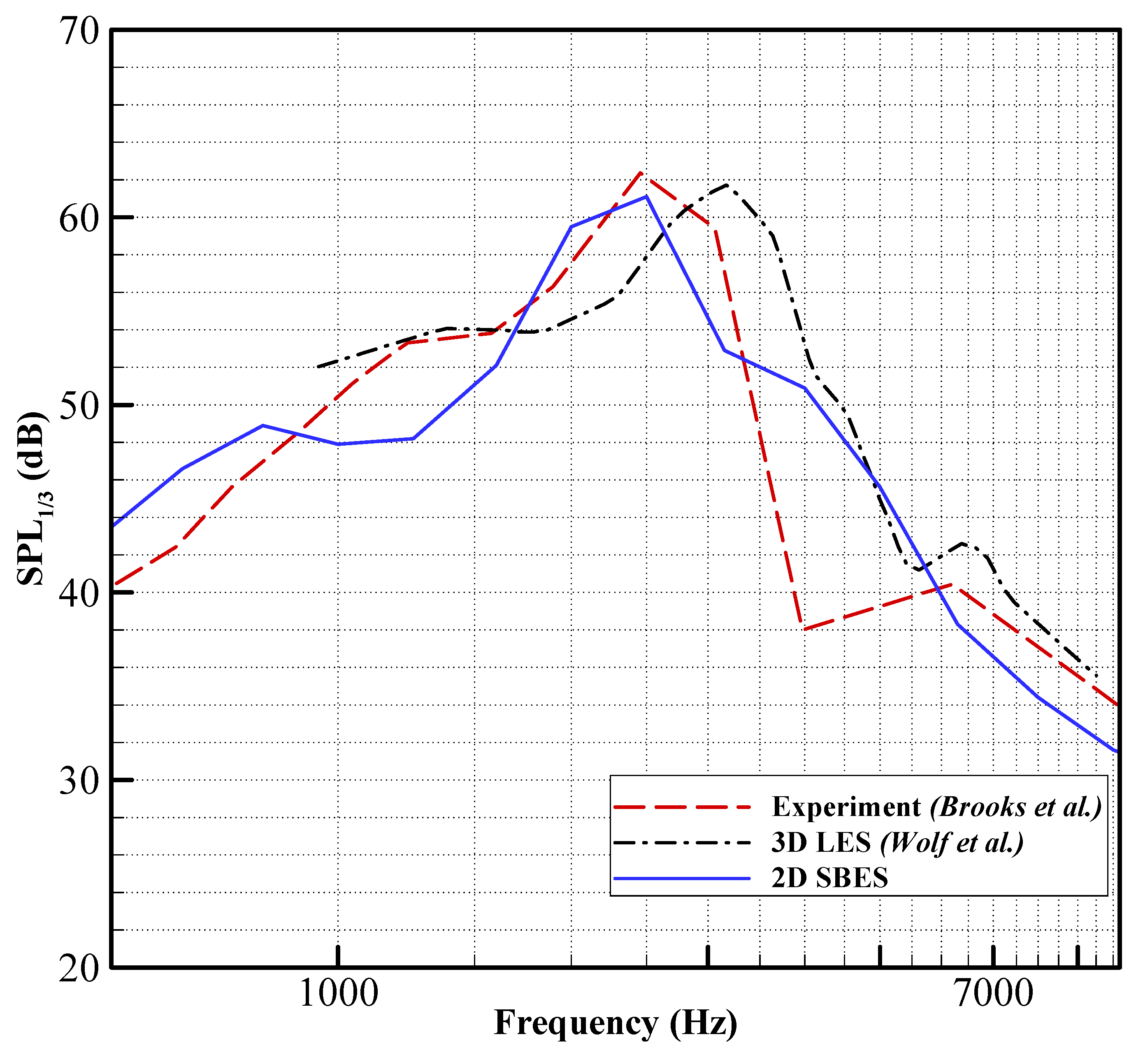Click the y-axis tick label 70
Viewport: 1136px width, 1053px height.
79,31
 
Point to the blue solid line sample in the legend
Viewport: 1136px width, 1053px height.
683,879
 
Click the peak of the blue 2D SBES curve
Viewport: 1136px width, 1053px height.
646,197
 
